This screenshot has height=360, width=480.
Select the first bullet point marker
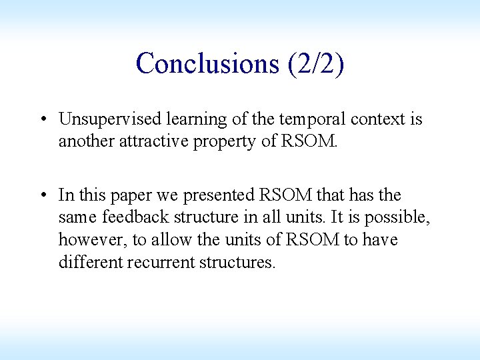point(42,119)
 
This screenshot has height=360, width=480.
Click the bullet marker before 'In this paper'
point(42,195)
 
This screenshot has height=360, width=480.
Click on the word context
point(373,119)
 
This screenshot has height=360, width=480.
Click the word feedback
point(133,217)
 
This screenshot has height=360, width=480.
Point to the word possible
point(395,217)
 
